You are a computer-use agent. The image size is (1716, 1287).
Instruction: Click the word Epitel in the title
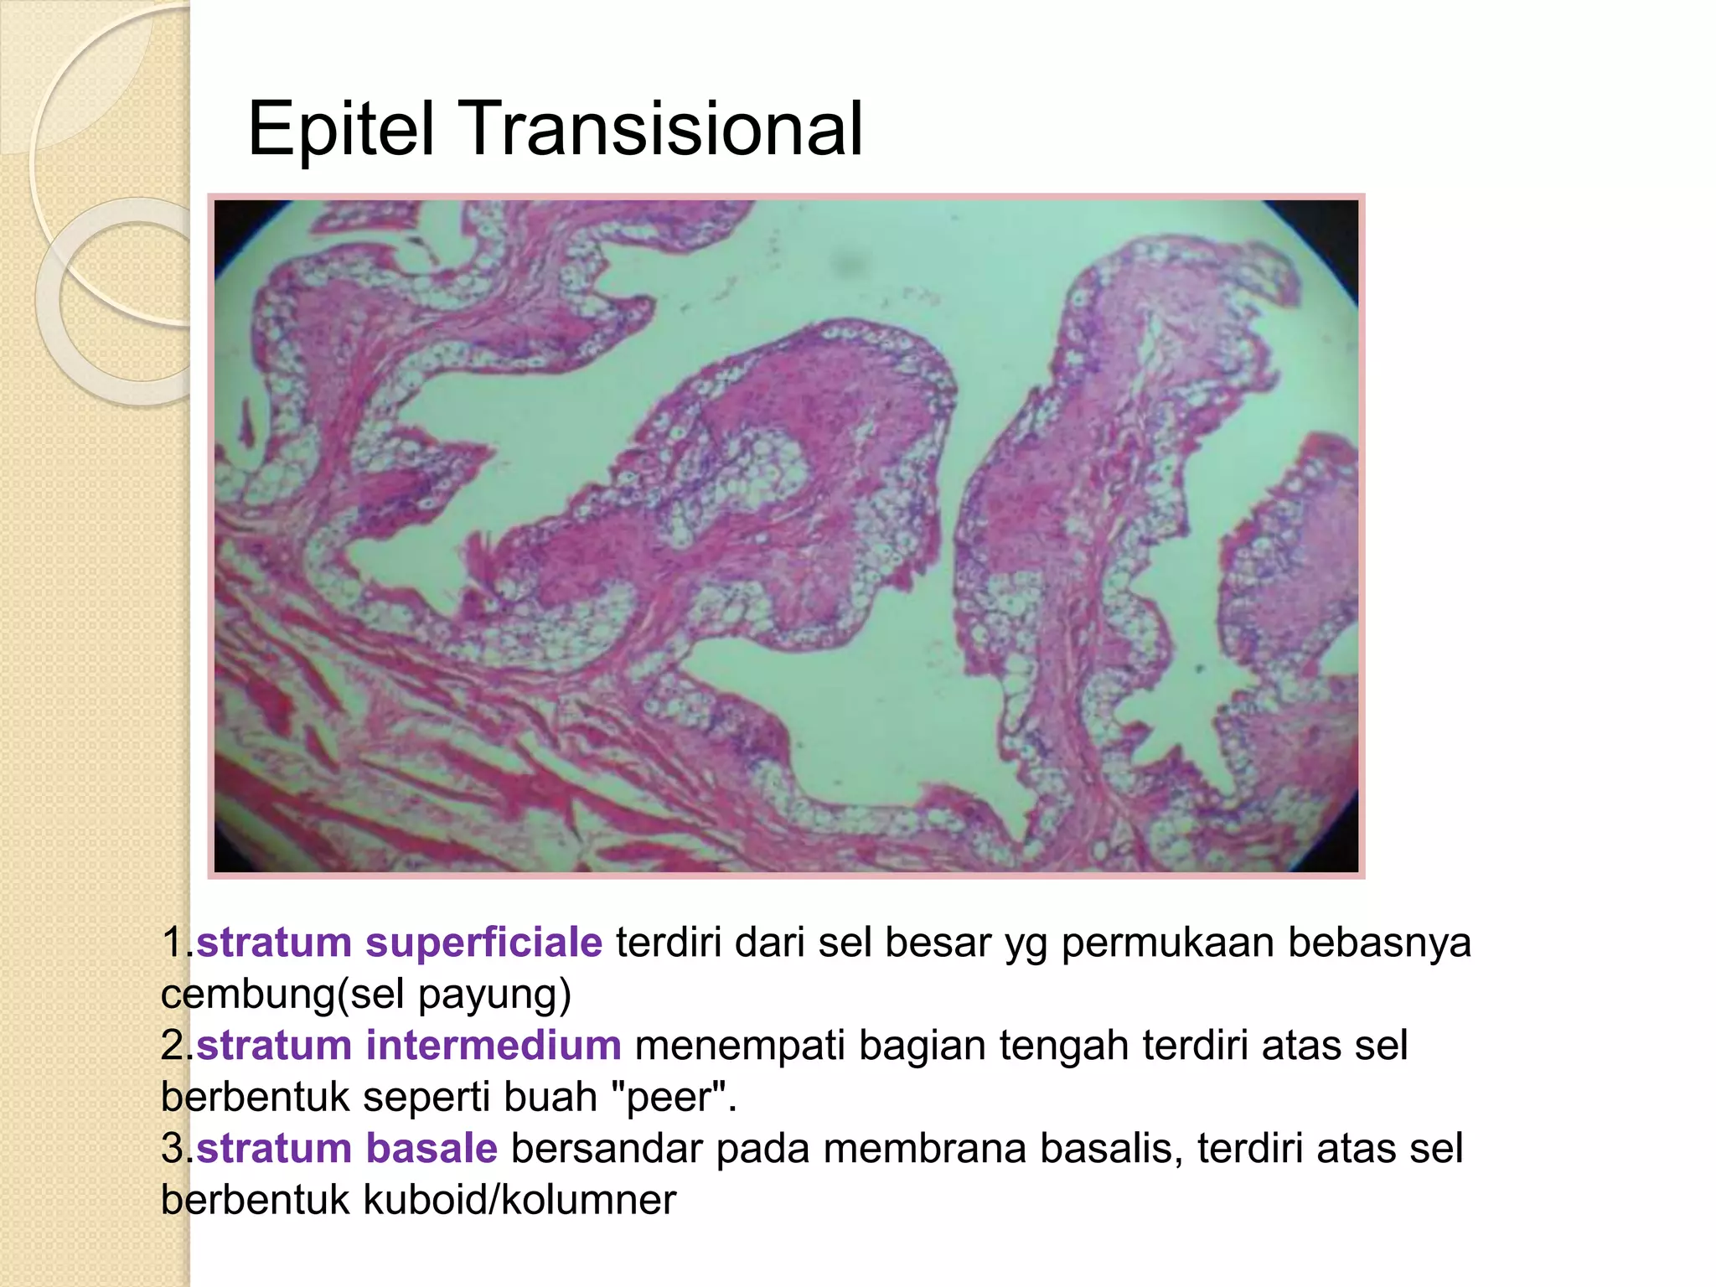[341, 130]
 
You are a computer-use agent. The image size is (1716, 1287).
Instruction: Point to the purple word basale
[432, 1149]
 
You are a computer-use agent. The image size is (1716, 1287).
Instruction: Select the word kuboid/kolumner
[519, 1200]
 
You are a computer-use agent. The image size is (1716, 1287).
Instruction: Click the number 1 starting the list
[173, 943]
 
